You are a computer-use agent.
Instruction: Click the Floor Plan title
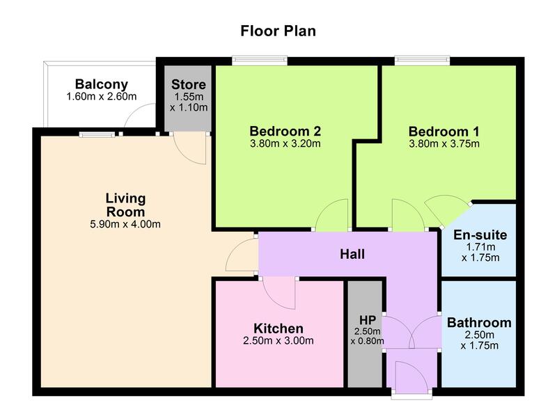[278, 31]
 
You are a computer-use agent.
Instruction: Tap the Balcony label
[102, 84]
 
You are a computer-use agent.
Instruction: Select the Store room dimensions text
[189, 102]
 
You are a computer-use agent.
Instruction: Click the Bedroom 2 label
[285, 132]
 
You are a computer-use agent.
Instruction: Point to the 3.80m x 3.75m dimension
[444, 144]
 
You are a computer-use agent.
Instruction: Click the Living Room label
[126, 205]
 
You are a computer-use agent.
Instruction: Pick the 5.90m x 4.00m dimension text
[125, 224]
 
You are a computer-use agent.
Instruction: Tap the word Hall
[352, 254]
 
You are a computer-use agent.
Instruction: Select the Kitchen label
[278, 328]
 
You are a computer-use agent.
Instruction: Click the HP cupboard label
[368, 320]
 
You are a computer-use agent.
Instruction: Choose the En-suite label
[480, 235]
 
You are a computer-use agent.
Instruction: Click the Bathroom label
[479, 323]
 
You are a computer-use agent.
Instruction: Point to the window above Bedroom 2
[260, 61]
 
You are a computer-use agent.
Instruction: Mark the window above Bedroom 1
[423, 61]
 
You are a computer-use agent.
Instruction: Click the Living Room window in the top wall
[97, 134]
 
